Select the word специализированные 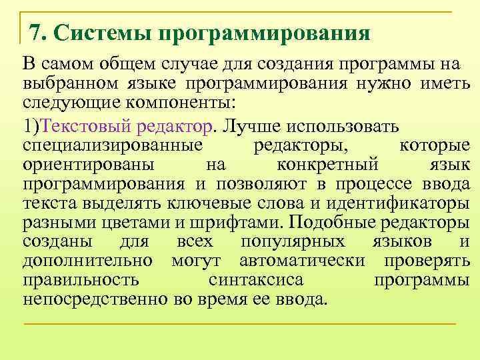(x=113, y=145)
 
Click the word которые (x=434, y=145)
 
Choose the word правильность (x=81, y=279)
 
